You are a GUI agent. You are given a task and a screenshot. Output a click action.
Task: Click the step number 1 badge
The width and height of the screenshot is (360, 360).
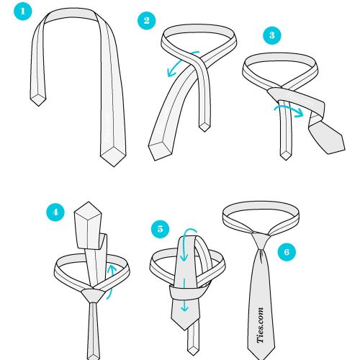(23, 12)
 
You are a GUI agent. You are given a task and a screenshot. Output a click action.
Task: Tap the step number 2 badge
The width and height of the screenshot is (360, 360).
(147, 21)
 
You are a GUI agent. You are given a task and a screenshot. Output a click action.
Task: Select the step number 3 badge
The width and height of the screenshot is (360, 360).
(272, 35)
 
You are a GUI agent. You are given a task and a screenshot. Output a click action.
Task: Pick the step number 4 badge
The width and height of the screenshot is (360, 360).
(55, 212)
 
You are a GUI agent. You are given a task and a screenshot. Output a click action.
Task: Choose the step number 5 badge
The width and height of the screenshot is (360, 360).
(160, 229)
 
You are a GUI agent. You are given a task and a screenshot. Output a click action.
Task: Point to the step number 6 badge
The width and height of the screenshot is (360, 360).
(287, 252)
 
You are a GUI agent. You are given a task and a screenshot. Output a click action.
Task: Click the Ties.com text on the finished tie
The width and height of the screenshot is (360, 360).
(261, 325)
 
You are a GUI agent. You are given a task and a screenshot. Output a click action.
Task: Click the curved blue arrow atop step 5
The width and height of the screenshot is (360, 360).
(189, 238)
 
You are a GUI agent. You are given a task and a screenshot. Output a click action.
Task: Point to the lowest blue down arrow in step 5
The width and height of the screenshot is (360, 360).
(184, 294)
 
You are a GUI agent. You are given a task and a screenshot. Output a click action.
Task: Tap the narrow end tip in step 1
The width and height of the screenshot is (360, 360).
(38, 106)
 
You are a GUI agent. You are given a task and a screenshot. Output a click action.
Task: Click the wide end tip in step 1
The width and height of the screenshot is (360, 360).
(113, 166)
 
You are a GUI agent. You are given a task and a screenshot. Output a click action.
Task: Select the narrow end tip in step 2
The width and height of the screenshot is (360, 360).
(204, 132)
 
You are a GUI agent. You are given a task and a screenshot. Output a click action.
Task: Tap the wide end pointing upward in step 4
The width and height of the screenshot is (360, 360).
(89, 202)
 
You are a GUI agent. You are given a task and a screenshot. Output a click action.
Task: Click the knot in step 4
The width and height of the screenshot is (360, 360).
(94, 296)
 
